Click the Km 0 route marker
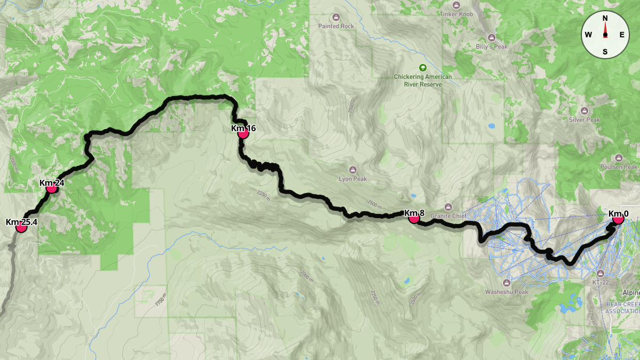tap(618, 219)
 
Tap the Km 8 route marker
tap(413, 217)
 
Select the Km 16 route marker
tap(243, 133)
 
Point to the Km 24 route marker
tap(52, 188)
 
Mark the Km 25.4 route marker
tap(21, 227)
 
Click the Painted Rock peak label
tap(336, 26)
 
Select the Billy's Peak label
tap(492, 46)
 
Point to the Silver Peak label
tap(585, 120)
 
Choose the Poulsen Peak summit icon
tap(619, 157)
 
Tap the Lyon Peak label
tap(353, 179)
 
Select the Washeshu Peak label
tap(507, 292)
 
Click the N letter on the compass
tap(605, 18)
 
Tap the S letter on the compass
tap(605, 52)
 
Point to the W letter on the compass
tap(588, 35)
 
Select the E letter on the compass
tap(622, 35)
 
